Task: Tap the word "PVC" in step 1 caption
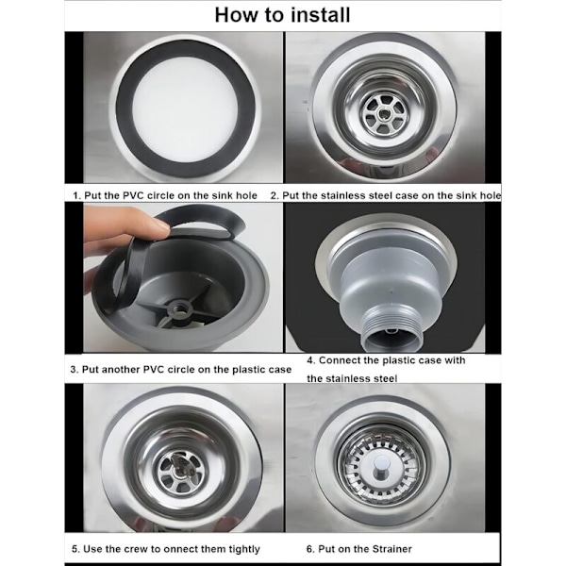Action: coord(134,195)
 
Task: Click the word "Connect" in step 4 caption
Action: coord(338,360)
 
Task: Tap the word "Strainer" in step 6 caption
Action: coord(392,549)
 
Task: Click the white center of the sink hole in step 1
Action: coord(185,109)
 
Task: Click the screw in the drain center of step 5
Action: coord(179,469)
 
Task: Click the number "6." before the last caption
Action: coord(310,549)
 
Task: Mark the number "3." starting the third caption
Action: coord(74,370)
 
